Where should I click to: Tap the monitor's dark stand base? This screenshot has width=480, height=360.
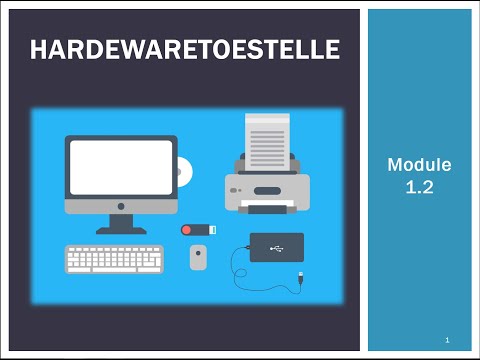(x=121, y=229)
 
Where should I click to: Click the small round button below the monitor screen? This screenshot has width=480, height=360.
(x=121, y=206)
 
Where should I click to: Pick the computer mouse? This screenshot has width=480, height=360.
(x=199, y=257)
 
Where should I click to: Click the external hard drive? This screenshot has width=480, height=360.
(x=276, y=246)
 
